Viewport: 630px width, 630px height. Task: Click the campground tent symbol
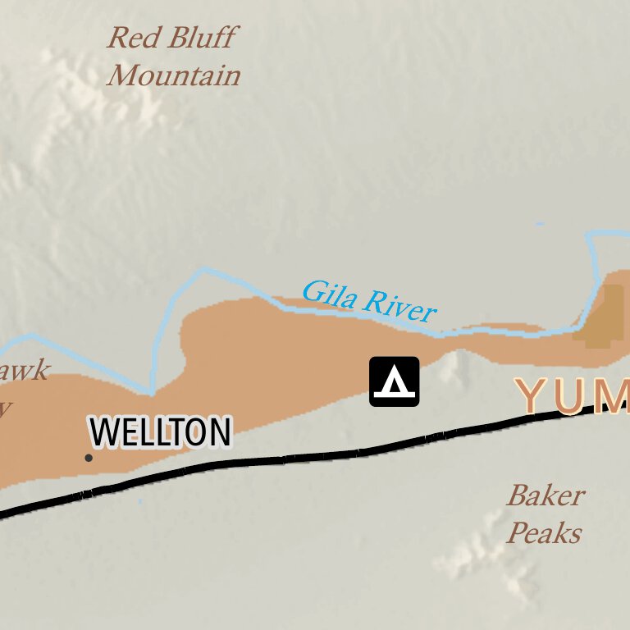click(x=395, y=381)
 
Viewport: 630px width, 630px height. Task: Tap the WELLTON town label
click(x=160, y=432)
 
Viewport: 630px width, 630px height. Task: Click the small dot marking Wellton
click(x=89, y=458)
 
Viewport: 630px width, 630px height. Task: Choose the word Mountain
click(x=174, y=76)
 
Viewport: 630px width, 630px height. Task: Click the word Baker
click(x=546, y=495)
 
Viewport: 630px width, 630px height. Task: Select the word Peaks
click(x=544, y=533)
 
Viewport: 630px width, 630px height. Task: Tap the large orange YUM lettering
click(x=574, y=395)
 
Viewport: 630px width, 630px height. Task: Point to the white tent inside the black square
click(x=395, y=382)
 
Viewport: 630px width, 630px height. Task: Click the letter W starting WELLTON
click(x=104, y=432)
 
